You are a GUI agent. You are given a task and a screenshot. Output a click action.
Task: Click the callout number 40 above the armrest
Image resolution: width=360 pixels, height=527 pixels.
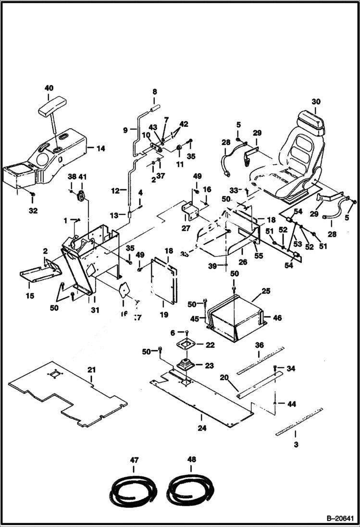click(49, 88)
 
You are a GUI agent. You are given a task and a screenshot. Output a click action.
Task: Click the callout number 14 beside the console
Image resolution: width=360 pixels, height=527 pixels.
click(100, 148)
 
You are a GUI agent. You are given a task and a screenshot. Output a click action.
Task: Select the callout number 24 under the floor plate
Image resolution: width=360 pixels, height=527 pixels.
click(202, 428)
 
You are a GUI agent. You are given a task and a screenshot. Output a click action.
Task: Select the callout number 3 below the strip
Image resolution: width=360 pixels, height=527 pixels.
click(296, 445)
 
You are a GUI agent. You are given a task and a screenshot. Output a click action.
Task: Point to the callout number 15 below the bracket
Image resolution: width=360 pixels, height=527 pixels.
click(30, 296)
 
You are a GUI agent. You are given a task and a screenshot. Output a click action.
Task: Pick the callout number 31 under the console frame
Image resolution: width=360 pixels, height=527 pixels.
click(95, 310)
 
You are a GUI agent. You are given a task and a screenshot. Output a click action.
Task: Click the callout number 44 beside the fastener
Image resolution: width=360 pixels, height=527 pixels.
click(292, 404)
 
